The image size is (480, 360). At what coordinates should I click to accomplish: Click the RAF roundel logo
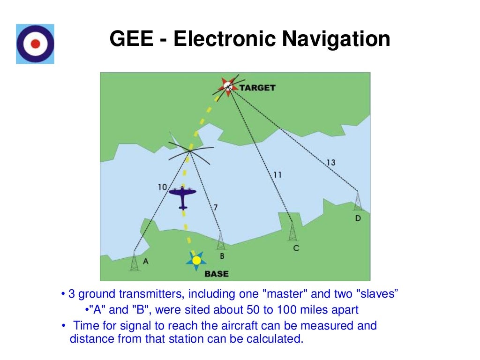click(35, 44)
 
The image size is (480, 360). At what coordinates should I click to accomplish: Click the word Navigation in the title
click(336, 39)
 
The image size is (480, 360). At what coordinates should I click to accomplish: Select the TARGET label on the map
click(257, 88)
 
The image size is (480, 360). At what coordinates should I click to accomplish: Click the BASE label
click(217, 274)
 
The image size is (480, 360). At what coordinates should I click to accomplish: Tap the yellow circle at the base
click(196, 260)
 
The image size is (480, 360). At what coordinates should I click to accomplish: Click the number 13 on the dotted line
click(330, 163)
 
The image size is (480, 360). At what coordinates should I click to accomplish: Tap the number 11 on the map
click(277, 174)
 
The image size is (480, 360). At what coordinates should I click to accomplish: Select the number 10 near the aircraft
click(162, 187)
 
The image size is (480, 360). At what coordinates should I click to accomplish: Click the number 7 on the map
click(215, 207)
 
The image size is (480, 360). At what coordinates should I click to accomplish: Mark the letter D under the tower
click(358, 218)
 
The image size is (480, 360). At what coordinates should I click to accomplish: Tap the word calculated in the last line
click(277, 339)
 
